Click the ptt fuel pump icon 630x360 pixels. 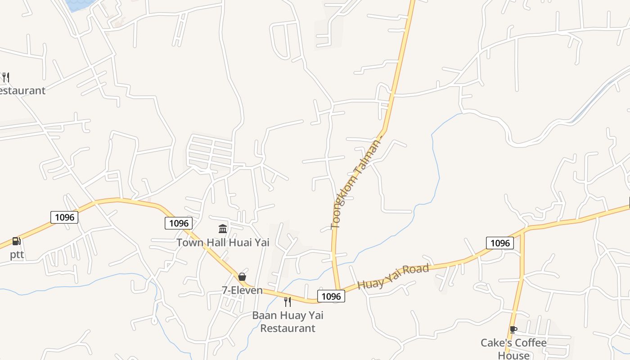17,241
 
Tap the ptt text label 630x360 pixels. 17,255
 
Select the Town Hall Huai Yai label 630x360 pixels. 223,243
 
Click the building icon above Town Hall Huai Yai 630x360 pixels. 223,229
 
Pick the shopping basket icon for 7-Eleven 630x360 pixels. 242,276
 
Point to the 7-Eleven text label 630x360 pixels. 242,290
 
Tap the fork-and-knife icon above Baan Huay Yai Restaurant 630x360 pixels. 288,301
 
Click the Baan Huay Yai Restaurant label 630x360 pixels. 288,321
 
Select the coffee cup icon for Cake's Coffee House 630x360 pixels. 513,329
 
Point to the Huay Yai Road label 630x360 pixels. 393,277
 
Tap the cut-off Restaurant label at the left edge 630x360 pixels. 22,90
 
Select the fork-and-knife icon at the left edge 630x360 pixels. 5,77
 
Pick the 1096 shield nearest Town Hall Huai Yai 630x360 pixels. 179,223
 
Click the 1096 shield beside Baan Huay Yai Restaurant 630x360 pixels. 331,296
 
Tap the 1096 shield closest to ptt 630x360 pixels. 64,217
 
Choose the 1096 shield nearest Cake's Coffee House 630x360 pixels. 500,243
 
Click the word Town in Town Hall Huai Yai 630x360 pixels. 188,243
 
